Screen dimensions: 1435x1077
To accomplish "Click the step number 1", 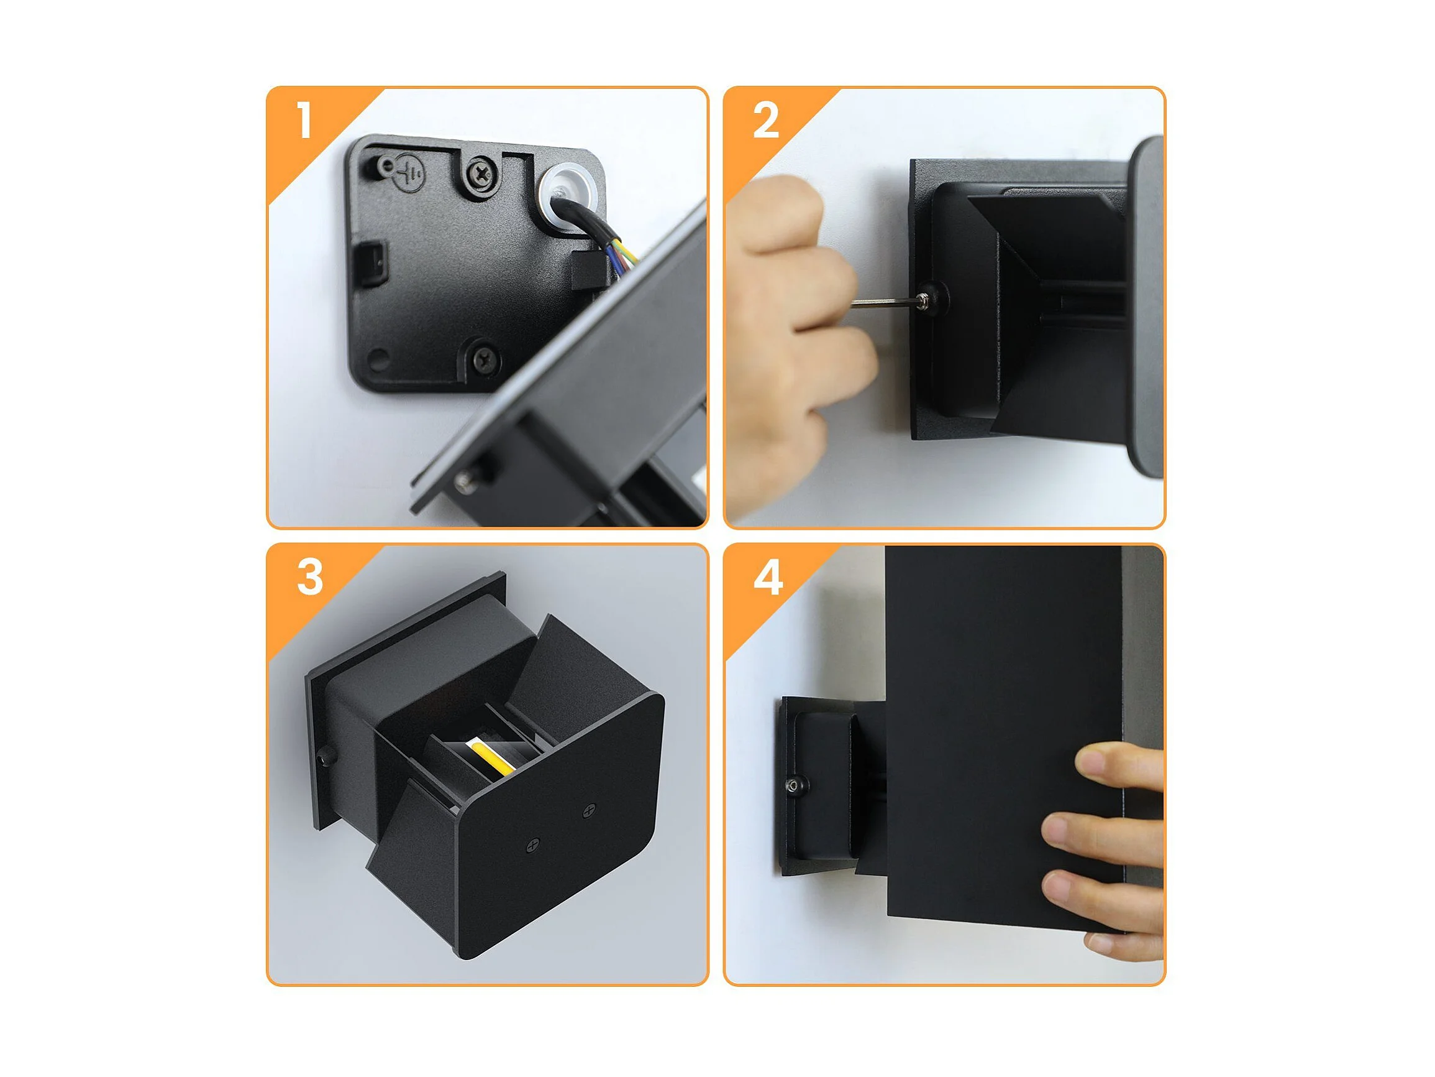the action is [304, 120].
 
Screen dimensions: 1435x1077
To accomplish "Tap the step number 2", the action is [765, 120].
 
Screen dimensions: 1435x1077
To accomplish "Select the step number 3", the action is [309, 577].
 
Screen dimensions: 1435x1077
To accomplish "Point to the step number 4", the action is [767, 577].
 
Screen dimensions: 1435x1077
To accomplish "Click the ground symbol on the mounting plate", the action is [410, 171].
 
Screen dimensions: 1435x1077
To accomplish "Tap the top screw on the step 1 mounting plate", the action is [481, 173].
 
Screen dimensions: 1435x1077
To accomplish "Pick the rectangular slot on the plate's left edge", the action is [375, 263].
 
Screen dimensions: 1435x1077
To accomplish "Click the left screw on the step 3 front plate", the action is [532, 846].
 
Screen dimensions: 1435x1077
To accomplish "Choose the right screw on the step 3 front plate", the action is [589, 810].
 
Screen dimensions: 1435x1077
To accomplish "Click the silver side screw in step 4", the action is [794, 785].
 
